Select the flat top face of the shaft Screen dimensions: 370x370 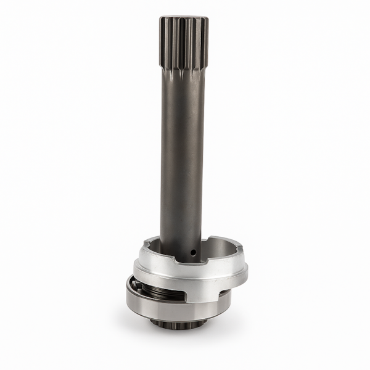183,18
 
